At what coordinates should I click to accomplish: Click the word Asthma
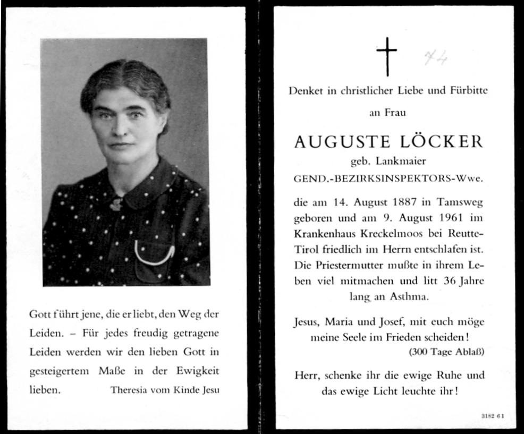tap(408, 297)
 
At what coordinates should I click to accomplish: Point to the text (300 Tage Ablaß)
tap(446, 351)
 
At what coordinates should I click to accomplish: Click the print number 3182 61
tap(492, 416)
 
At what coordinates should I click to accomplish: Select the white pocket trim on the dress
tap(154, 254)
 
